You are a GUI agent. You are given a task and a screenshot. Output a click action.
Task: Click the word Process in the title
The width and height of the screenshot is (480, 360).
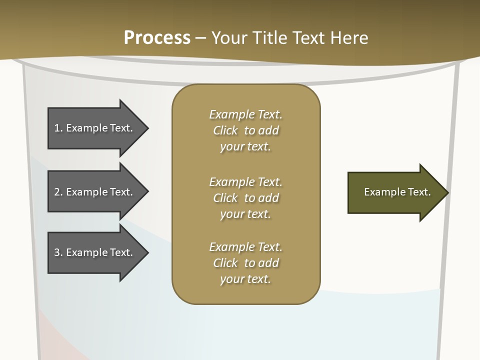point(157,37)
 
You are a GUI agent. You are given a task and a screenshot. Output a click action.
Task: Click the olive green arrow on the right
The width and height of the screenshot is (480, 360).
point(395,192)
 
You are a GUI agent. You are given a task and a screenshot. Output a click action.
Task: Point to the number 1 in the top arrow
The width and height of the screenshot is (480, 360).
point(57,128)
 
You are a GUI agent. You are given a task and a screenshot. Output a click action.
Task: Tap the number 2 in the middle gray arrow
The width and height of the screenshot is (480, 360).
point(57,192)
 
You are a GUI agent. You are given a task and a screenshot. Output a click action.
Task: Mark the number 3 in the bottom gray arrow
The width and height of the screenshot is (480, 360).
point(57,252)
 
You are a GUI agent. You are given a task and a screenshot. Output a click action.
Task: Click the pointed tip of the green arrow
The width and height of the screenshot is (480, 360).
point(447,192)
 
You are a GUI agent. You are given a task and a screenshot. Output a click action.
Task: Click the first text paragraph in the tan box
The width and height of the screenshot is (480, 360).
point(245,130)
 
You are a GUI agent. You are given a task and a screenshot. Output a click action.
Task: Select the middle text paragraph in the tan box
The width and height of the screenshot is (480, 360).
point(245,197)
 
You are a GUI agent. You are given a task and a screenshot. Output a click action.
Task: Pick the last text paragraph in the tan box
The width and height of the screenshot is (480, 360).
point(245,263)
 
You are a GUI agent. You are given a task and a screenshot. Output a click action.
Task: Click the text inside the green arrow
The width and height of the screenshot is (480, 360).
point(397,192)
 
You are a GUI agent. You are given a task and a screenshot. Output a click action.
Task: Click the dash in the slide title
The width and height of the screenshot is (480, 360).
point(201,38)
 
